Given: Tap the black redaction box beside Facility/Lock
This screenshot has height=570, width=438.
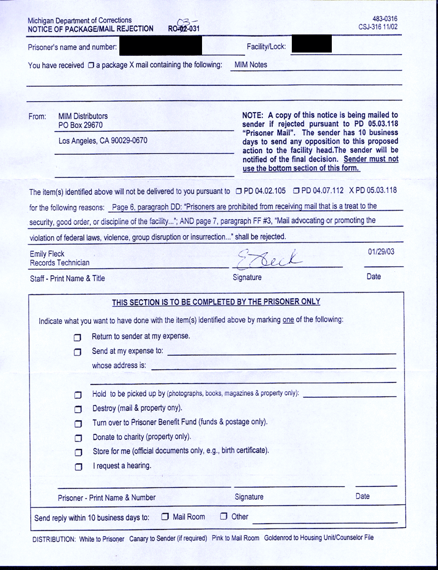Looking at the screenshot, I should tap(312, 45).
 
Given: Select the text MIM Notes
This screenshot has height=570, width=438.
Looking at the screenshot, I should tap(255, 65).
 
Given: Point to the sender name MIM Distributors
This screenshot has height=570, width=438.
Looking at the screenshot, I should tap(83, 116).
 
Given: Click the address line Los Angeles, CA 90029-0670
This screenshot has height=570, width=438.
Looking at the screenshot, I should tap(103, 141).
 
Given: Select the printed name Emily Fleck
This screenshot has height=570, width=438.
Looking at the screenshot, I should tap(48, 253).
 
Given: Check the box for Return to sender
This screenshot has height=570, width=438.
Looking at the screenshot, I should tap(78, 337).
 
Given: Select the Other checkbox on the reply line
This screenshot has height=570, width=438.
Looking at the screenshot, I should tap(223, 516).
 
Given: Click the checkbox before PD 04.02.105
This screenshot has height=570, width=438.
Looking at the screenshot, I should tap(238, 191).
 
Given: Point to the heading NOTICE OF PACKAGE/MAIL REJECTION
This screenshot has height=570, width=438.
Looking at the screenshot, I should tap(91, 28).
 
